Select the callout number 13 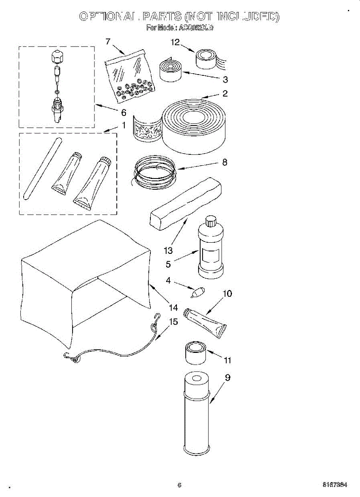tap(168, 250)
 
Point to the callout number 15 tap(174, 321)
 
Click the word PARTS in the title tap(163, 17)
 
